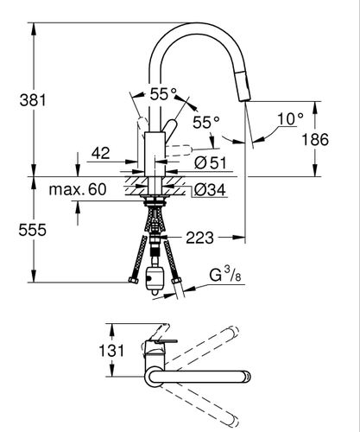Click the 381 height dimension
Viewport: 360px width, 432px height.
[33, 100]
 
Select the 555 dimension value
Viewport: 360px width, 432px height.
[32, 230]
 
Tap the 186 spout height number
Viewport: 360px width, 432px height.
[315, 140]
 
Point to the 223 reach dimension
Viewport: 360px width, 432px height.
[199, 238]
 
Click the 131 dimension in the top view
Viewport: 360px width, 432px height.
[111, 351]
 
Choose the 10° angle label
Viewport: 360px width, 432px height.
[290, 119]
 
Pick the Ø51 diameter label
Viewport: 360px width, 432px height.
[211, 163]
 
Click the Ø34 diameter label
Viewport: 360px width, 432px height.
[210, 190]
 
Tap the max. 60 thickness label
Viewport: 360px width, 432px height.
[78, 189]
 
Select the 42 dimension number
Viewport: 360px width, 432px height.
[101, 153]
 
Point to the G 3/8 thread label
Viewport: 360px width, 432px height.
[225, 274]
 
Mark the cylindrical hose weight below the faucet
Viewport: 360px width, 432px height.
[155, 279]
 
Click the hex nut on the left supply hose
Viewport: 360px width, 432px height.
[133, 280]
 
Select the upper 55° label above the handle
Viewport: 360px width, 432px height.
[163, 94]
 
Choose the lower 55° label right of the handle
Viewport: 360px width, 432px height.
[206, 123]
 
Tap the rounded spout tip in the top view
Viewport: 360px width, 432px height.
[247, 376]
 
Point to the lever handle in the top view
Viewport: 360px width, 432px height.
[162, 340]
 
